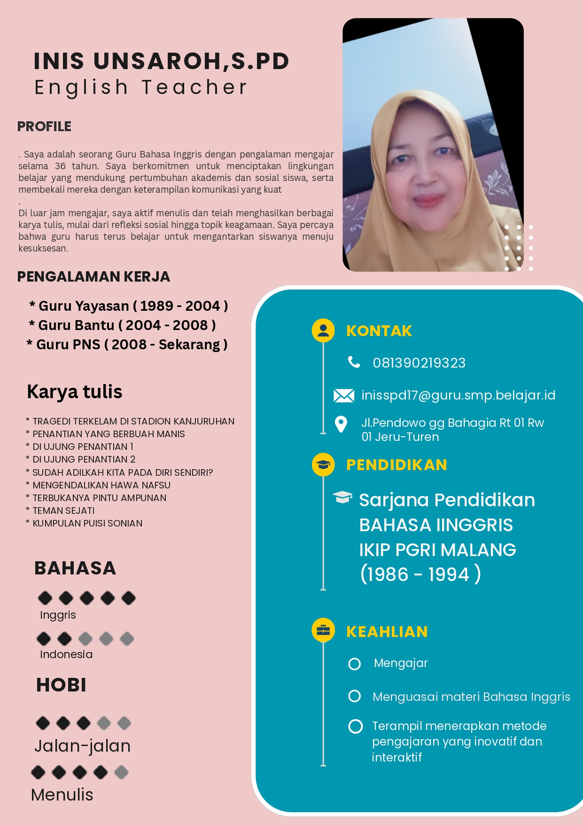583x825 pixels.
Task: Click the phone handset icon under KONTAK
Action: [x=354, y=362]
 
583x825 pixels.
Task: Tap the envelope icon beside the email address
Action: [x=344, y=395]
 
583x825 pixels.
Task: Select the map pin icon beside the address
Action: [x=341, y=424]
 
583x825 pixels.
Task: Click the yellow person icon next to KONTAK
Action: [x=323, y=330]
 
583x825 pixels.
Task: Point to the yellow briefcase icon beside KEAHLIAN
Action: [x=323, y=630]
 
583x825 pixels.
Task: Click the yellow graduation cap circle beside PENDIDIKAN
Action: [x=323, y=464]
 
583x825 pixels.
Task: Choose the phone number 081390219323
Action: [x=419, y=363]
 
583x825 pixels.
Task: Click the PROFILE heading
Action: [x=44, y=126]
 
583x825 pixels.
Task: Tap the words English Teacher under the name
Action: [x=140, y=87]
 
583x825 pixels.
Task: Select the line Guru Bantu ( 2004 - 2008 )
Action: [x=122, y=325]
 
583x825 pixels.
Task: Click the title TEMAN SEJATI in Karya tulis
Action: [x=63, y=511]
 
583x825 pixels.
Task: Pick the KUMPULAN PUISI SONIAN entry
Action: [x=87, y=523]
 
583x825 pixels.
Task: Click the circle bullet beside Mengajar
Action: [x=355, y=663]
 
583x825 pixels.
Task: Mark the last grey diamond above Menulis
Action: [x=121, y=772]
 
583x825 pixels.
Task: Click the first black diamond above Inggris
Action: [x=45, y=598]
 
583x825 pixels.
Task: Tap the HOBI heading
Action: [x=61, y=685]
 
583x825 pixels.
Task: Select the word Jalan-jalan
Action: [x=83, y=746]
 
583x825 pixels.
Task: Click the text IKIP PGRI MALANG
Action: [x=437, y=550]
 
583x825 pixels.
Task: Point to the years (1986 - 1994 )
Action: [x=420, y=574]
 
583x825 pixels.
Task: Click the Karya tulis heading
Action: [x=75, y=392]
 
